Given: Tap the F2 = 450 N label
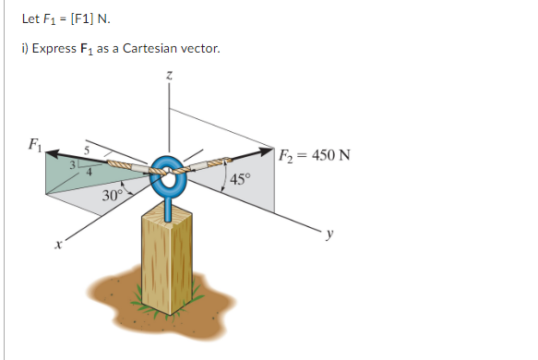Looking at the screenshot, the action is point(313,154).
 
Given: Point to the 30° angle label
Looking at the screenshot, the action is point(112,196).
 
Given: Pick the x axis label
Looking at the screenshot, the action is point(57,246).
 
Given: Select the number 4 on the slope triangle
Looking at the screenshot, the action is point(90,171).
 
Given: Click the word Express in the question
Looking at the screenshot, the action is point(52,48).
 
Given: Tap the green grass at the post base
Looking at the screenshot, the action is point(138,299).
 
